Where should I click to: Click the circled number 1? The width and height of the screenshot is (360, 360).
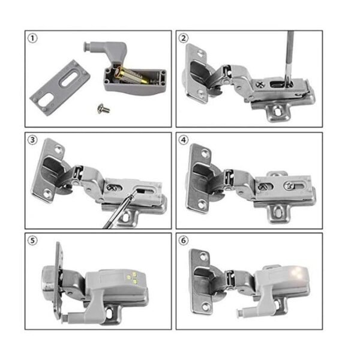tap(32, 38)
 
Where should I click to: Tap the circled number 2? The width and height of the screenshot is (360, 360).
tap(183, 38)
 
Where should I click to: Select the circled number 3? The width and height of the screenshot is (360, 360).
tap(32, 140)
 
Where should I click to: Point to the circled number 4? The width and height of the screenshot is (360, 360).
tap(183, 140)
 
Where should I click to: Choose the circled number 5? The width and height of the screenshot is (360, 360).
tap(32, 241)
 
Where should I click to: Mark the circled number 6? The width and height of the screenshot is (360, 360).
tap(183, 241)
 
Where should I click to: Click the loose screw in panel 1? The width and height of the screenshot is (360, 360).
tap(103, 109)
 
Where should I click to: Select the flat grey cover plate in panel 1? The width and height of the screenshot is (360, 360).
tap(60, 88)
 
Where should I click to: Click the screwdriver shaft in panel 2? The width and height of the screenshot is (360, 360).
tap(290, 58)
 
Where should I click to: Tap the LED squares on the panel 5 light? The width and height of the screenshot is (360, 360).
tap(132, 277)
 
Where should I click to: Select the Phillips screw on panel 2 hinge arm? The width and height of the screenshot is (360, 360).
tap(260, 84)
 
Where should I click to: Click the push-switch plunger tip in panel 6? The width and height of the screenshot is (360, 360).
tap(239, 313)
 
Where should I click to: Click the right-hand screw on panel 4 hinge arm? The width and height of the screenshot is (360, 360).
tap(289, 185)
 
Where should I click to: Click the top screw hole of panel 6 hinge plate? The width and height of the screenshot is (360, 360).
tap(203, 256)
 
